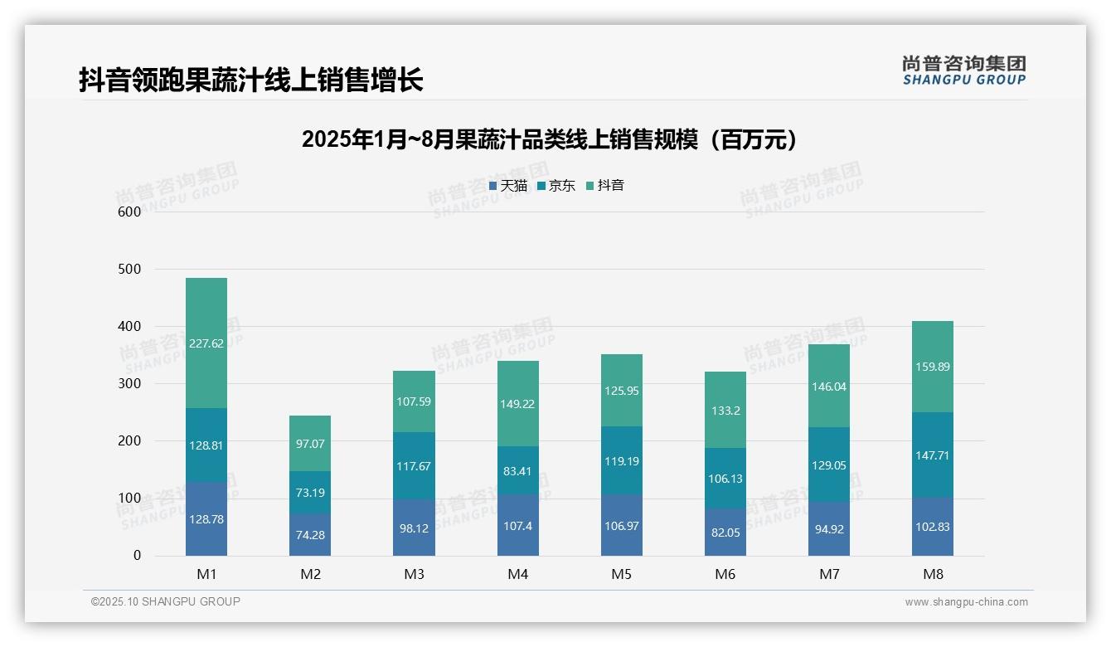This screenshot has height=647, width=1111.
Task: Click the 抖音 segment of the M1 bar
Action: [206, 343]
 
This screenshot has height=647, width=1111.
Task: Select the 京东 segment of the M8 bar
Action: [933, 455]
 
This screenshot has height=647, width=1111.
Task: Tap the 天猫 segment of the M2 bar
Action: [310, 535]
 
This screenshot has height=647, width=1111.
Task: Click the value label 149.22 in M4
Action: [517, 405]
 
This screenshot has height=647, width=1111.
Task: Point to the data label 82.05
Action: [725, 533]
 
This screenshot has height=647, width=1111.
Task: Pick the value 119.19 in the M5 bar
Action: [621, 461]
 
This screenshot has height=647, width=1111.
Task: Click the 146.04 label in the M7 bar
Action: [829, 387]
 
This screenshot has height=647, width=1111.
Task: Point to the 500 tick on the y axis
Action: [130, 269]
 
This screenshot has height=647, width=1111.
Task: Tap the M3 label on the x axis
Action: [414, 574]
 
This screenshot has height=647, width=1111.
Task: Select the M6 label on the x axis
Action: [725, 574]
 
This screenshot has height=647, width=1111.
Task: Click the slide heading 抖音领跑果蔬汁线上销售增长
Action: [251, 80]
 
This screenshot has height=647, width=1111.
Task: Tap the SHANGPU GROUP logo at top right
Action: [963, 71]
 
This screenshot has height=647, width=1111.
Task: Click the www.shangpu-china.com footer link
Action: [966, 602]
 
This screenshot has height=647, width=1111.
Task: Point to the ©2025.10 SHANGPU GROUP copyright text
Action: [166, 602]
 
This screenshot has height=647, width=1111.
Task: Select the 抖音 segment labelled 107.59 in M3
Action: [414, 401]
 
